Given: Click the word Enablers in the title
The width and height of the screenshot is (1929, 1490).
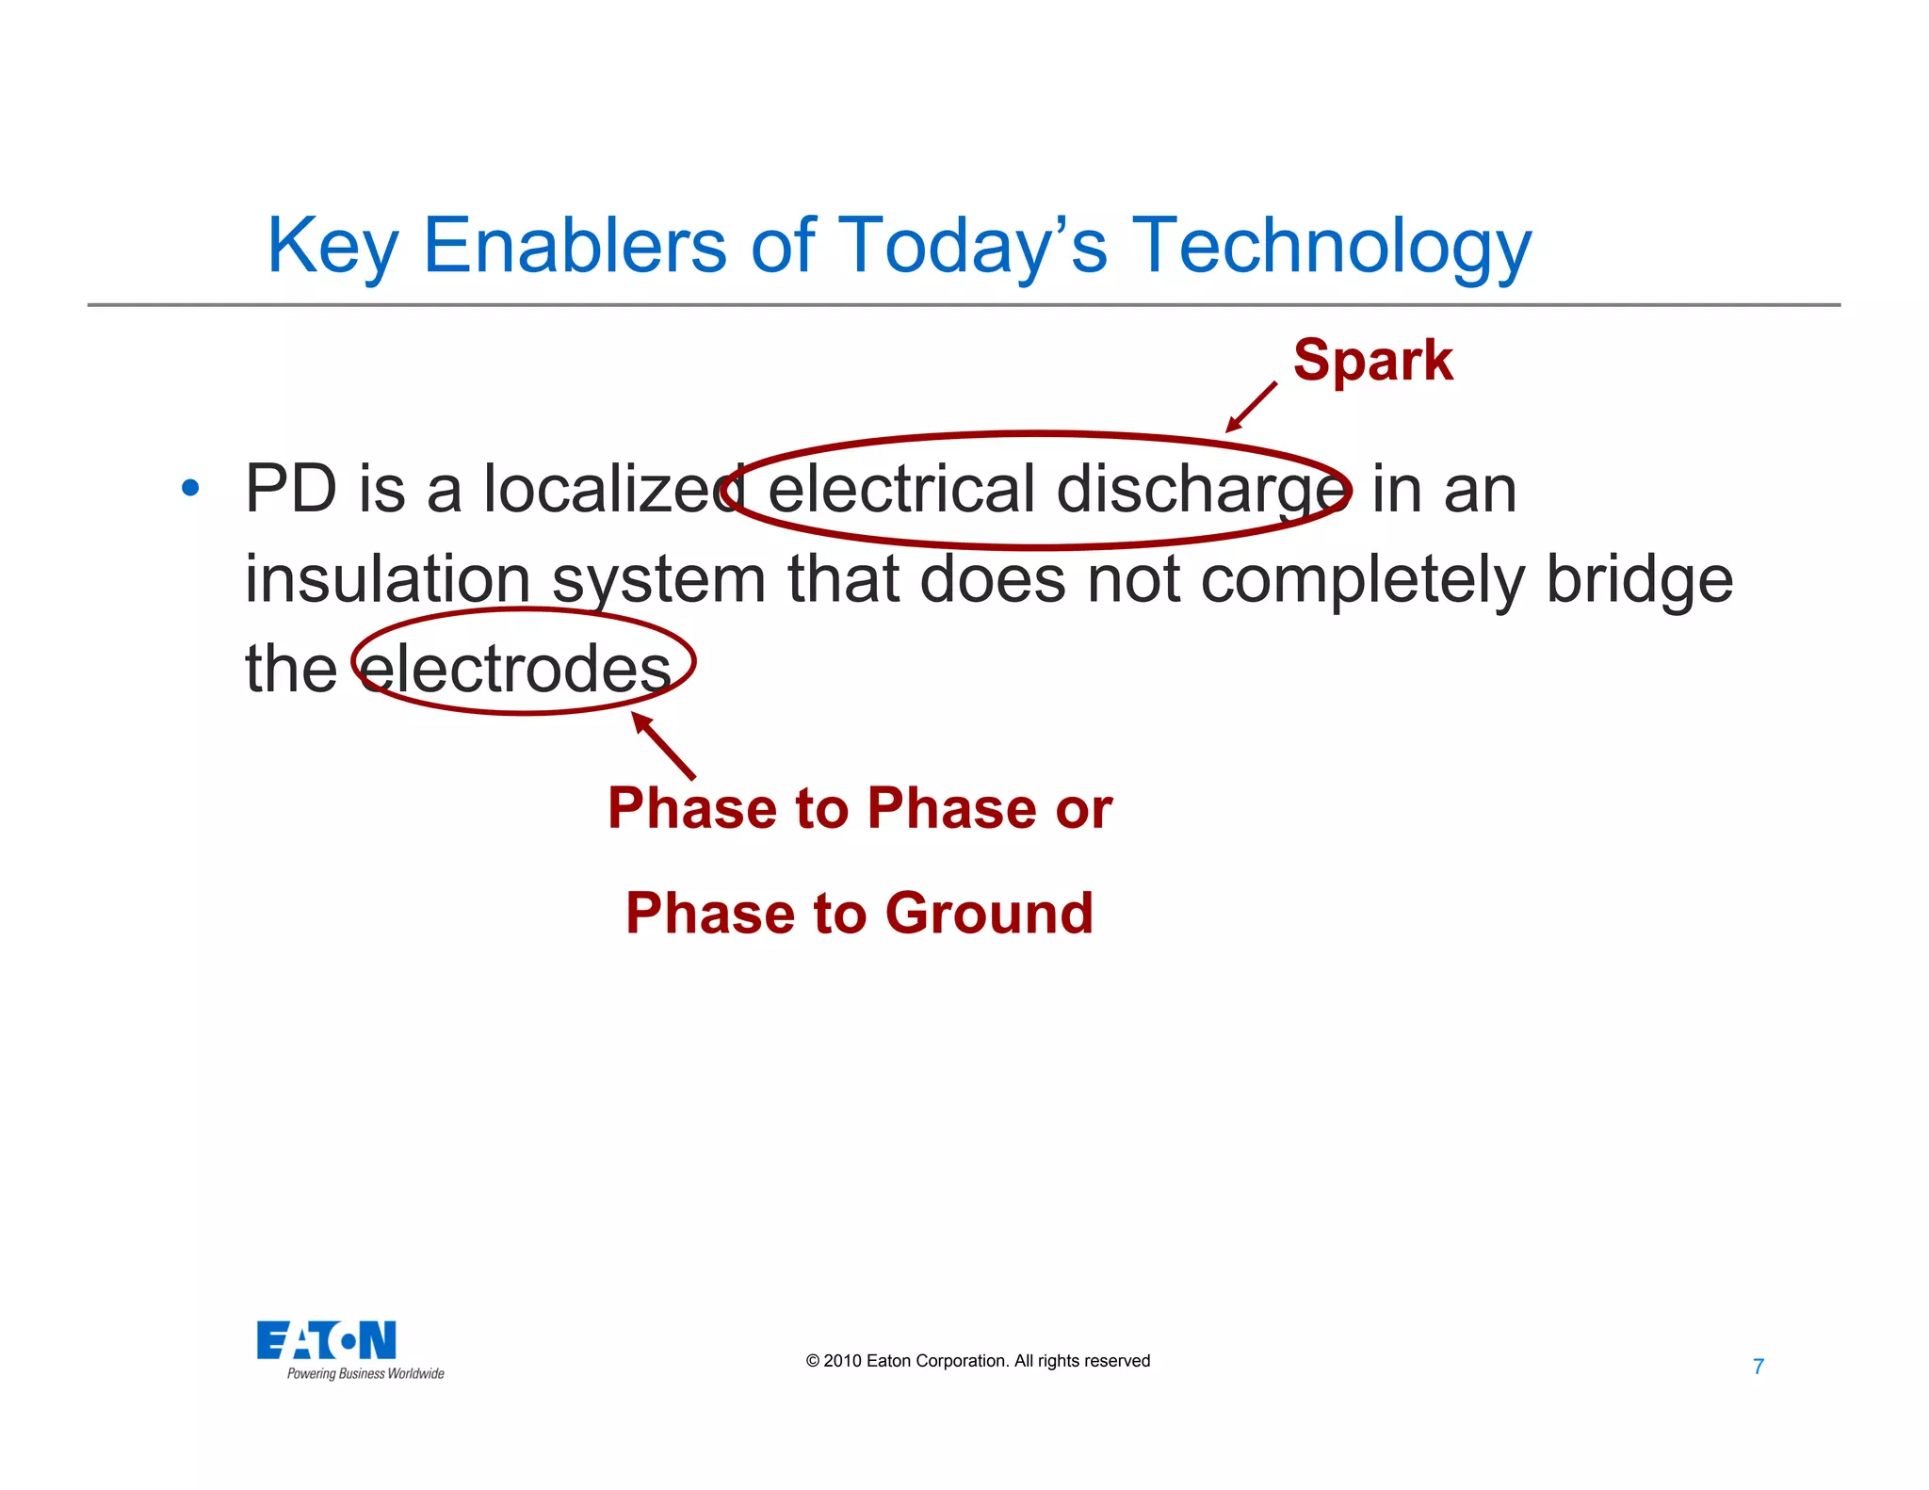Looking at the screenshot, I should point(575,247).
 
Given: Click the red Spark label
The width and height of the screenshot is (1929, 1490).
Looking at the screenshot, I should point(1372,361).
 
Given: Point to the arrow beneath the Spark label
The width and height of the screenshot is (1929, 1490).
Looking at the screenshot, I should point(1251,408).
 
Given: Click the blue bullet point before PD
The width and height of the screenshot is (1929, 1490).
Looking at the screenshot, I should point(191,488).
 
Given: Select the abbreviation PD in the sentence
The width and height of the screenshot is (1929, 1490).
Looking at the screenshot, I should point(291,490).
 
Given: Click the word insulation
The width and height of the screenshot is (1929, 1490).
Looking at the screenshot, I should point(387,579).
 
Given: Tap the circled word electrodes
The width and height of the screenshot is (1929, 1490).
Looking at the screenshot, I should point(516,669).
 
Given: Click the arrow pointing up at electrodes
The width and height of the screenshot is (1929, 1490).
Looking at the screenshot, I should point(663,745).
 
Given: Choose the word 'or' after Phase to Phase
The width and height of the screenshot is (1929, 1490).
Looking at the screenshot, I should point(1083,809).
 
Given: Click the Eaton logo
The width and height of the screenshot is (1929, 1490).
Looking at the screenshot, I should point(327,1340).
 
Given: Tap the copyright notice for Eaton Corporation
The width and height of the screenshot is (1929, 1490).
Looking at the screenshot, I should point(978,1361).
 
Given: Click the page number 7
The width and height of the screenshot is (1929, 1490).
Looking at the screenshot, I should point(1758,1367).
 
